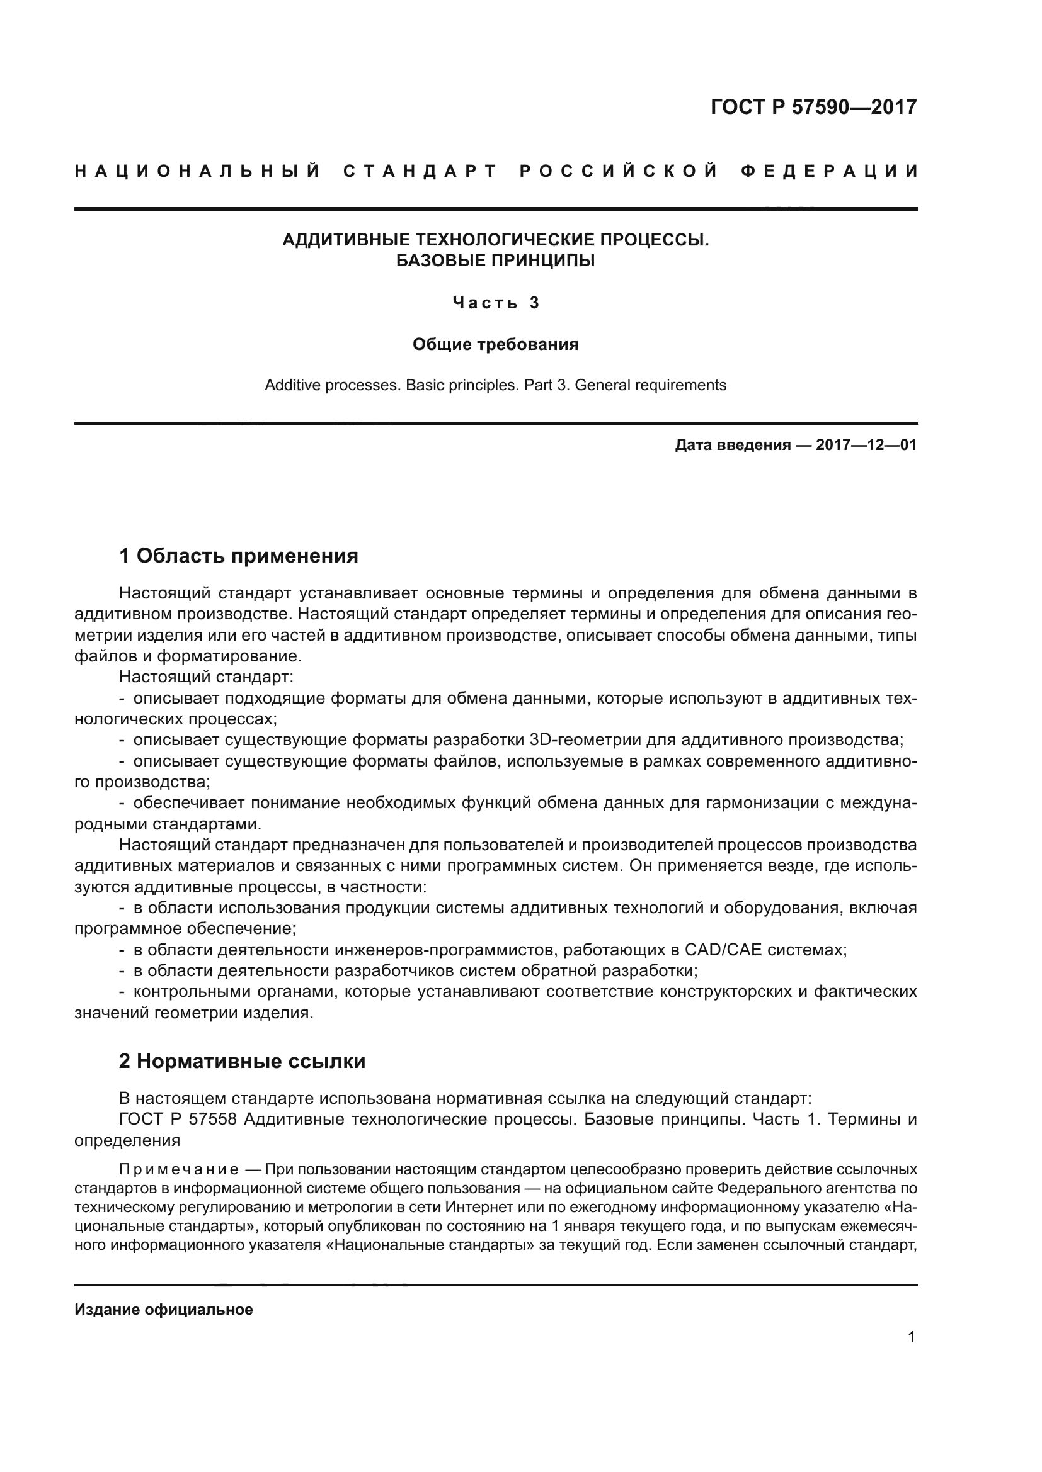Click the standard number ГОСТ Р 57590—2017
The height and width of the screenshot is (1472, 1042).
pyautogui.click(x=813, y=106)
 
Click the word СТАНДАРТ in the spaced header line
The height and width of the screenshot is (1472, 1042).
pyautogui.click(x=420, y=171)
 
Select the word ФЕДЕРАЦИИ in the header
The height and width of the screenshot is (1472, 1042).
pyautogui.click(x=829, y=171)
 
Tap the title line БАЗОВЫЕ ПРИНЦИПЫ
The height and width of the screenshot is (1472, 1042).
pyautogui.click(x=495, y=261)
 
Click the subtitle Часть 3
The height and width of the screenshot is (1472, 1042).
pyautogui.click(x=495, y=303)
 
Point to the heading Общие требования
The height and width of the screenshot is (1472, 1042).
pyautogui.click(x=495, y=344)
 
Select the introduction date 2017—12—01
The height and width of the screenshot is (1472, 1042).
pyautogui.click(x=866, y=445)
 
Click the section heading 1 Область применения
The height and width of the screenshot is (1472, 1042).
pyautogui.click(x=239, y=555)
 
